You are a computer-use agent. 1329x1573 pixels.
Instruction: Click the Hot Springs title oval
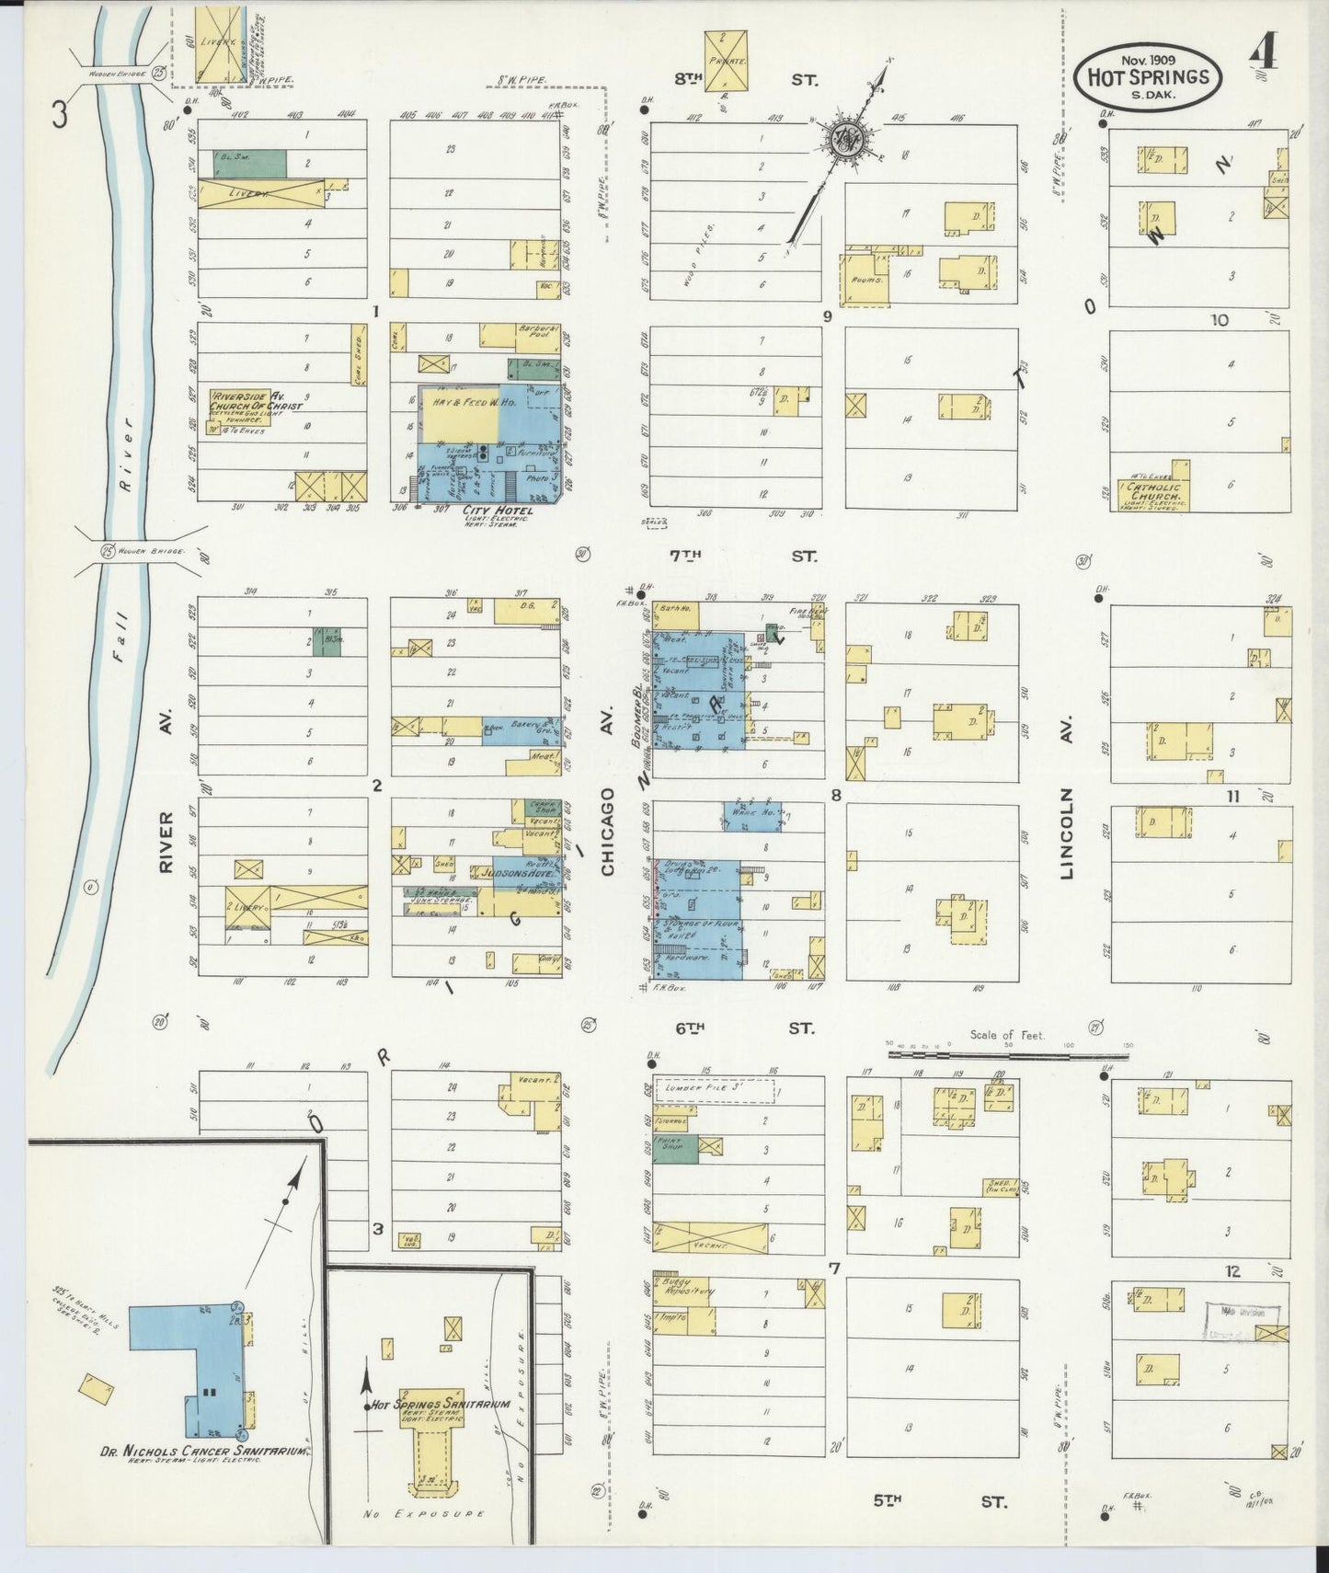coord(1148,77)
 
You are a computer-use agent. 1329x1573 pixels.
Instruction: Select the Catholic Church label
coord(1154,494)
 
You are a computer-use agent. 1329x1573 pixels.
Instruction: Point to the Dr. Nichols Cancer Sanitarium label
coord(203,1452)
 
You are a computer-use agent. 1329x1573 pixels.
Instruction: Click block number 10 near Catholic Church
coord(1220,320)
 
